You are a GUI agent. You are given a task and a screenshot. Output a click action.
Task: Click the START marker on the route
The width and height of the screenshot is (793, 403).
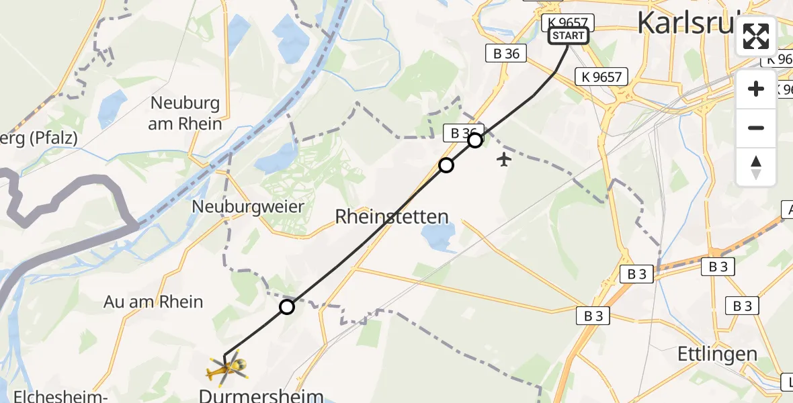click(x=568, y=36)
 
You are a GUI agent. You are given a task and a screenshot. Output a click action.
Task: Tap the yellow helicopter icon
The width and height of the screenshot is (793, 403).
click(x=227, y=367)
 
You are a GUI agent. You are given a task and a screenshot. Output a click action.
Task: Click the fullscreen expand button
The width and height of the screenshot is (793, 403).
click(x=756, y=36)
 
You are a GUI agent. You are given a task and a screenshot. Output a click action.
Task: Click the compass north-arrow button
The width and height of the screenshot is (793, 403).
click(x=756, y=167)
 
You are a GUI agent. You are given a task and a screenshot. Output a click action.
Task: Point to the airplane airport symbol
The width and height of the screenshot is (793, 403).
click(x=504, y=159)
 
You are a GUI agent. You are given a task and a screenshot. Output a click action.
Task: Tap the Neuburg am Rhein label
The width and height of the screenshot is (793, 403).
click(x=186, y=114)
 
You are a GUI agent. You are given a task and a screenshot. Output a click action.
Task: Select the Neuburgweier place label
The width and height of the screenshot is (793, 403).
click(x=248, y=206)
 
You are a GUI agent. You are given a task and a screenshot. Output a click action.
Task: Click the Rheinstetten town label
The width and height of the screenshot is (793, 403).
click(x=392, y=216)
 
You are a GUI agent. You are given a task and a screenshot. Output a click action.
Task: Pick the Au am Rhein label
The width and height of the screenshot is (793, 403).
click(x=153, y=302)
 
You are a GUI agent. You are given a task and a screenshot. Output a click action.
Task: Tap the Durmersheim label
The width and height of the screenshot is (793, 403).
click(x=261, y=395)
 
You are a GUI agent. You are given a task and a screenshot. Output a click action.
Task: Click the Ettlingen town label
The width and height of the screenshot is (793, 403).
click(x=718, y=354)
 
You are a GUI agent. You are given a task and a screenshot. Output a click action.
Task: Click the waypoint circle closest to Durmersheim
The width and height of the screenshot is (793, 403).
click(x=287, y=307)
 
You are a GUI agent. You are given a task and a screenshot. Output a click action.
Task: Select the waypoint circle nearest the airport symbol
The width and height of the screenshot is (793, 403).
click(x=475, y=140)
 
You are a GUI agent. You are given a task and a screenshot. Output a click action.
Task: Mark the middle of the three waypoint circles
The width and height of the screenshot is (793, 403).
click(x=446, y=165)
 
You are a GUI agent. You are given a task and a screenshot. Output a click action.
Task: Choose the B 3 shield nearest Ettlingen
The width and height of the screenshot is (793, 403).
click(x=743, y=306)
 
